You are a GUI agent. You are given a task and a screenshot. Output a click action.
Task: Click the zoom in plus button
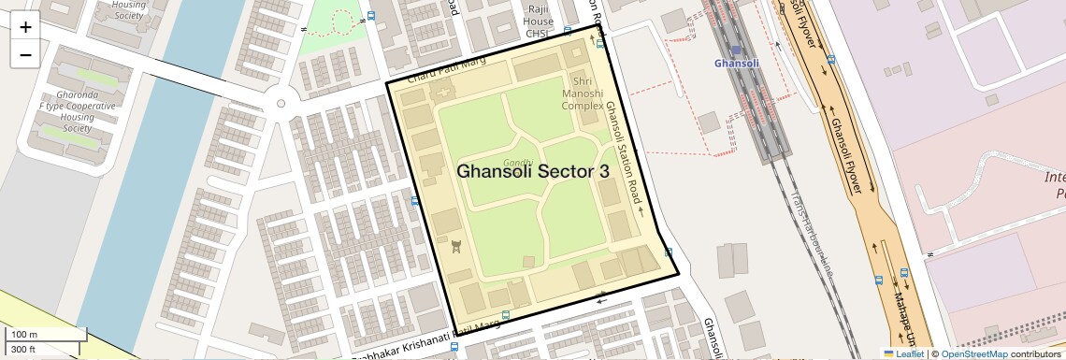pyautogui.click(x=25, y=27)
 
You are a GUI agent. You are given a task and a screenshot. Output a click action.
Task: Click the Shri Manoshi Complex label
pyautogui.click(x=582, y=94)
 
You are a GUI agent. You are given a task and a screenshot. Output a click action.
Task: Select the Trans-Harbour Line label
pyautogui.click(x=810, y=233)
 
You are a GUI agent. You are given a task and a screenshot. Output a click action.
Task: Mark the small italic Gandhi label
pyautogui.click(x=518, y=163)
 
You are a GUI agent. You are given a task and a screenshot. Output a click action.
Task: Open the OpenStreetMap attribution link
pyautogui.click(x=973, y=353)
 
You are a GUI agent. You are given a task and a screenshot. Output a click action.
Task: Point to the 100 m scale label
pyautogui.click(x=24, y=335)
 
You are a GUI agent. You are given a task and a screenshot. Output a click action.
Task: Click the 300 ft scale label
pyautogui.click(x=24, y=350)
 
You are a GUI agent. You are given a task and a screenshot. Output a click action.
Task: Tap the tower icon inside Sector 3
pyautogui.click(x=456, y=246)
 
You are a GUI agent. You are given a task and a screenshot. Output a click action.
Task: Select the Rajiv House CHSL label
pyautogui.click(x=538, y=20)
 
